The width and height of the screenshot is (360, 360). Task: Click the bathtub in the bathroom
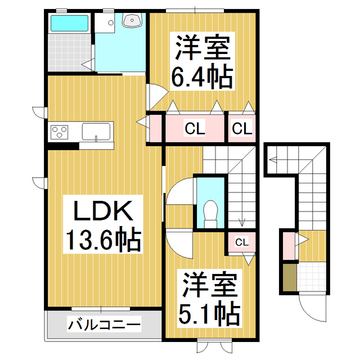[x=69, y=23]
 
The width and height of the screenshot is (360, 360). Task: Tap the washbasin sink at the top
[x=132, y=20]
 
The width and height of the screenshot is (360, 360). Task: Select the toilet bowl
[x=210, y=214]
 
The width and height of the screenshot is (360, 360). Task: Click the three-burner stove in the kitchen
[x=59, y=132]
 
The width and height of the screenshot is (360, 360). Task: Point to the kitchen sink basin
[x=96, y=132]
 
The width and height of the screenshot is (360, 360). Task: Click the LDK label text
[x=103, y=211]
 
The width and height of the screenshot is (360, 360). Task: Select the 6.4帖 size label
[x=202, y=76]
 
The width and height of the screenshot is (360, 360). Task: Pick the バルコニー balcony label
[x=104, y=325]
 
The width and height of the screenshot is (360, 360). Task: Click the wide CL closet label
[x=195, y=129]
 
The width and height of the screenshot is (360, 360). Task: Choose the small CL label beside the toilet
[x=242, y=242]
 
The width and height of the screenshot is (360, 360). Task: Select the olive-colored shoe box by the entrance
[x=290, y=277]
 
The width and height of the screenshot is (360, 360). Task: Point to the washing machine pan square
[x=105, y=22]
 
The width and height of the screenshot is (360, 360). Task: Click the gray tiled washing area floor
[x=70, y=52]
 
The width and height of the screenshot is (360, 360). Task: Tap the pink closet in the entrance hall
[x=289, y=246]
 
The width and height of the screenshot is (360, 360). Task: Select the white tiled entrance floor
[x=312, y=277]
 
